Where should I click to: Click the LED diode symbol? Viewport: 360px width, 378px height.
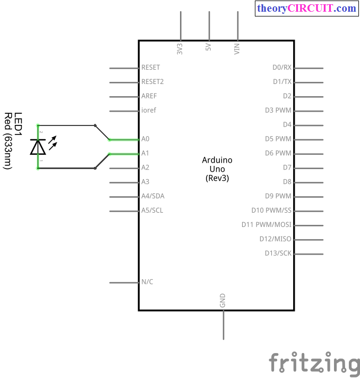click(x=38, y=146)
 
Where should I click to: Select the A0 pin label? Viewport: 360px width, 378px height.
click(x=145, y=139)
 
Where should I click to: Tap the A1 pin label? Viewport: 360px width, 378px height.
click(x=145, y=153)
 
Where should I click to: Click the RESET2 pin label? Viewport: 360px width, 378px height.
click(x=152, y=82)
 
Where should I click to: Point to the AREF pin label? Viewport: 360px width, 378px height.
click(x=149, y=96)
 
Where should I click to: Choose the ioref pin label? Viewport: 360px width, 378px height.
click(x=149, y=111)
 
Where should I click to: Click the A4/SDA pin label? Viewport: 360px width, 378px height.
click(x=153, y=196)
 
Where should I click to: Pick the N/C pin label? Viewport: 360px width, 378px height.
click(x=147, y=282)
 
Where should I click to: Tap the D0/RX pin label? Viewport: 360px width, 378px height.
click(x=282, y=68)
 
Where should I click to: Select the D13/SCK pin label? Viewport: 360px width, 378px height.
click(x=278, y=253)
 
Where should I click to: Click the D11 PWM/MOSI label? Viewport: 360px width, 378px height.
click(x=267, y=225)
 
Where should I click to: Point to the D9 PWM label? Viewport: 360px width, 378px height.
click(x=278, y=196)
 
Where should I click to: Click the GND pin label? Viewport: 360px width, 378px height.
click(x=222, y=300)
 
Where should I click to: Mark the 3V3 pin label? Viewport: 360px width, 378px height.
click(x=180, y=49)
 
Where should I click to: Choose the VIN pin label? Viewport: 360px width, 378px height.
click(x=237, y=49)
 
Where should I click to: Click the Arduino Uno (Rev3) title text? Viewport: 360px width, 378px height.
click(x=217, y=169)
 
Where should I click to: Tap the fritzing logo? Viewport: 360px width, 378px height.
click(x=314, y=364)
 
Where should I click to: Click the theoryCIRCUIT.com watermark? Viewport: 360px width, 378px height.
click(x=306, y=9)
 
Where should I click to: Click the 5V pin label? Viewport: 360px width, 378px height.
click(x=209, y=47)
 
